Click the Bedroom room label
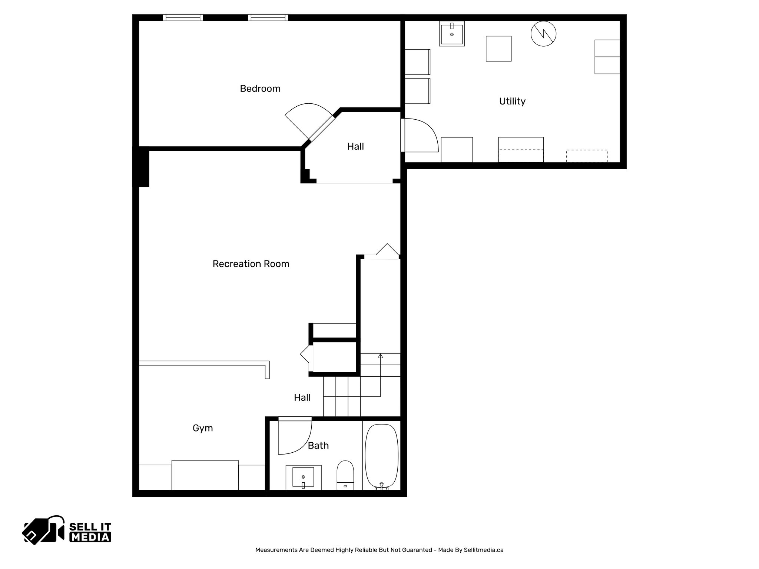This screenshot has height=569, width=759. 260,89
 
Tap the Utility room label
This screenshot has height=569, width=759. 512,101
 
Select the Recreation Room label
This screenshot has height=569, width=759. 251,264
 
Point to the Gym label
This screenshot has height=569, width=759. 203,428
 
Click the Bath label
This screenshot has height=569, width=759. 318,445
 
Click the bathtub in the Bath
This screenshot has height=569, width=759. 381,456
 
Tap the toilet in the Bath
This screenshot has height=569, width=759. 345,474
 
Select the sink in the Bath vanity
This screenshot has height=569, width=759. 303,477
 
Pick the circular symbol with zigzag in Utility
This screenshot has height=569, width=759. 543,34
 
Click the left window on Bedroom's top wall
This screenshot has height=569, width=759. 183,17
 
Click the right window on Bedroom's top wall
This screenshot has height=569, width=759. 268,17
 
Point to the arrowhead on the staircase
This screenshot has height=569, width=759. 380,356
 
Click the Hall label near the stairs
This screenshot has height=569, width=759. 302,397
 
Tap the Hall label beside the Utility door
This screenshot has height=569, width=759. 355,146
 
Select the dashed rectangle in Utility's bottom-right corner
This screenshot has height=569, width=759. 587,156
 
